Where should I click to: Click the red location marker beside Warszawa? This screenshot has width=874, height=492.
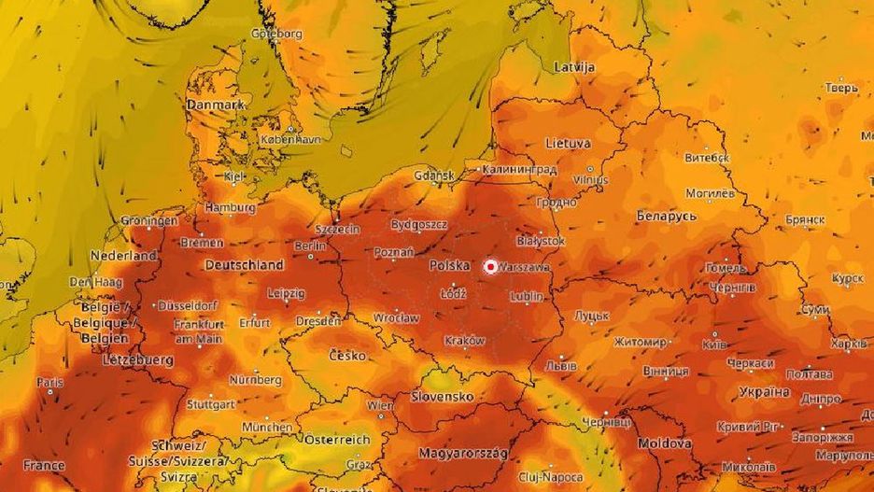[490, 267]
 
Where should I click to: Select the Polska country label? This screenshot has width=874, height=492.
[449, 266]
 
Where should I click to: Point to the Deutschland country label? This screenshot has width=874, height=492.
[244, 265]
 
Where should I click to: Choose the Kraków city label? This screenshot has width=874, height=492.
[465, 340]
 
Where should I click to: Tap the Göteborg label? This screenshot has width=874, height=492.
[276, 34]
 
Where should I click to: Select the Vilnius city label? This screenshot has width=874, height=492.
[590, 178]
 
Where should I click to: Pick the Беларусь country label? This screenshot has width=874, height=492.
[667, 216]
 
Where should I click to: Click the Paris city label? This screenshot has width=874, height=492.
[49, 382]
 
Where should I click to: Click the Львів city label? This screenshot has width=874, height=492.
[561, 365]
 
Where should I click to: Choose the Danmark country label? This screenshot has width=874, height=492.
[214, 105]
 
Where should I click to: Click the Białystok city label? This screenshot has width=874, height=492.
[540, 241]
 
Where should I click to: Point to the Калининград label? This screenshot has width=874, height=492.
[519, 170]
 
